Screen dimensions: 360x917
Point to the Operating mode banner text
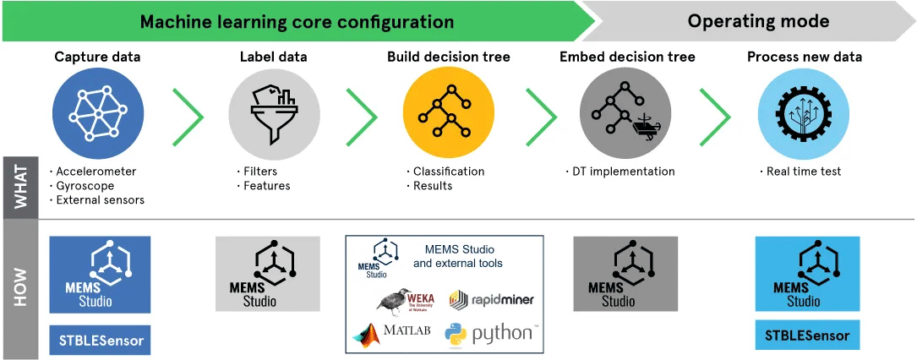point(758,21)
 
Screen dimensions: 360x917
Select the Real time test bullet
point(804,172)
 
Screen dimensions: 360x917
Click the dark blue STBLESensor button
point(100,342)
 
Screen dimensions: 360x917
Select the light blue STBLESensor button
point(807,335)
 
